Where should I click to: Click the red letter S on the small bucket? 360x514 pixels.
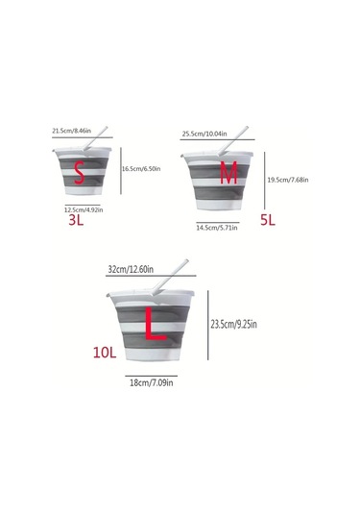82,174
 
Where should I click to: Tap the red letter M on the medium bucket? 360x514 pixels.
228,173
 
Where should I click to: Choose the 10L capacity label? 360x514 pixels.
106,353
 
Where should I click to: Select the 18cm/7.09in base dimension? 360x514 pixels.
153,382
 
